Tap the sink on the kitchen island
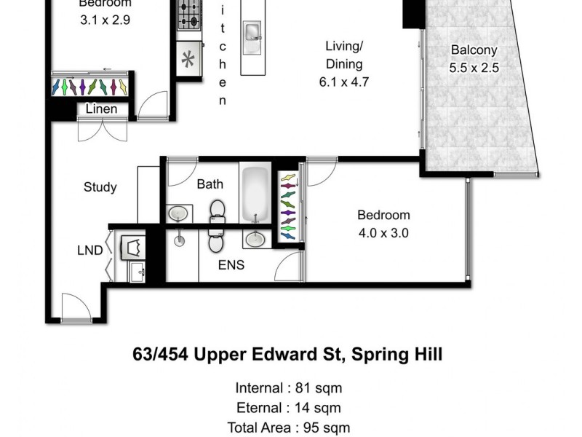click(x=252, y=33)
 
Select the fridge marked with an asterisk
click(x=188, y=60)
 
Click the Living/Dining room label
click(x=343, y=55)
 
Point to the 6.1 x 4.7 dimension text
click(x=343, y=82)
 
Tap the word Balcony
click(x=474, y=50)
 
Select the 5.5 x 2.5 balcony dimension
click(x=474, y=68)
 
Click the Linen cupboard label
click(x=101, y=109)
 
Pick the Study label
click(x=100, y=187)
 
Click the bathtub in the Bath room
click(x=255, y=196)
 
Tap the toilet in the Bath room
click(x=217, y=211)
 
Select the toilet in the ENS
click(x=215, y=237)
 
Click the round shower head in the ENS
click(x=179, y=238)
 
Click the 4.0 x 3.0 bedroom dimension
click(x=383, y=234)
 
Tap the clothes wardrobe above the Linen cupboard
click(x=90, y=87)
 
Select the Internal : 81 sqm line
click(x=289, y=388)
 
